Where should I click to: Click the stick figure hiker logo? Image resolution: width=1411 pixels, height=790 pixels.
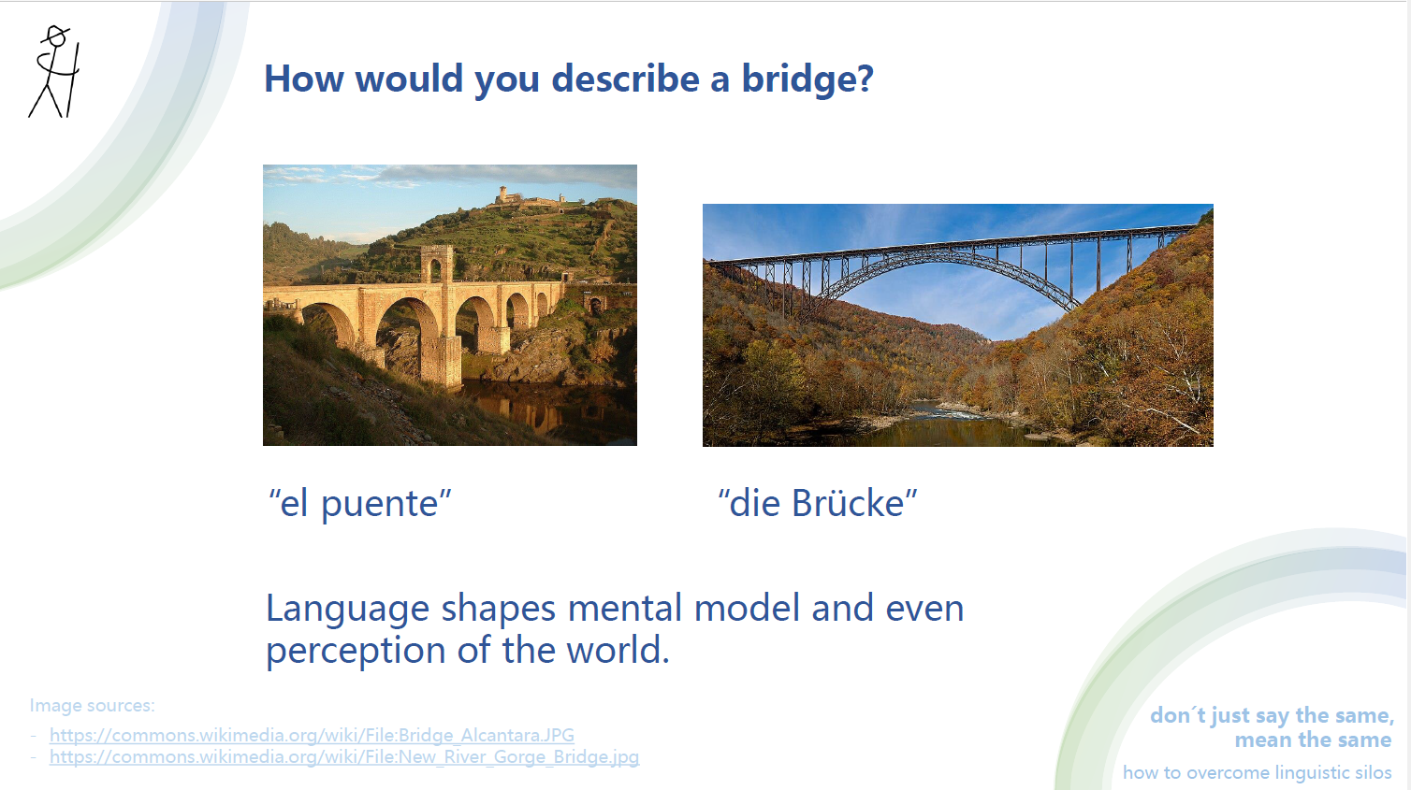(55, 72)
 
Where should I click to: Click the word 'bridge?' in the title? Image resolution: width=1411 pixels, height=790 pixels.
(807, 79)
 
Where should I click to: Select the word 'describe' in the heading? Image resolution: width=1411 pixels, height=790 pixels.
(625, 79)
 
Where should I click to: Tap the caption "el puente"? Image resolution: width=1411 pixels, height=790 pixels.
(360, 503)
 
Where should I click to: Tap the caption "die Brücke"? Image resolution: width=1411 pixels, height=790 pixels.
(817, 503)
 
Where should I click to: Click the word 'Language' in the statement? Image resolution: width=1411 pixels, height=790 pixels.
(347, 609)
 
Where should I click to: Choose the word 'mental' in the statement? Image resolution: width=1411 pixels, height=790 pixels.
(625, 609)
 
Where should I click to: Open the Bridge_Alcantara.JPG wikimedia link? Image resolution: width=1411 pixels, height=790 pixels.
(312, 735)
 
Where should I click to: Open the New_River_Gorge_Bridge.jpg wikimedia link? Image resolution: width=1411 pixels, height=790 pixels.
(343, 756)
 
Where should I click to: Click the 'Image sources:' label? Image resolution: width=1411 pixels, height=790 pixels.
(92, 706)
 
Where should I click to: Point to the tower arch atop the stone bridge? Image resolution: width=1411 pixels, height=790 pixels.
(436, 263)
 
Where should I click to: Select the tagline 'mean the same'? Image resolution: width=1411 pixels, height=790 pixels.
(1312, 740)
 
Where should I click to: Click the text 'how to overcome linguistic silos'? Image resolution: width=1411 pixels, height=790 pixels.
(1257, 772)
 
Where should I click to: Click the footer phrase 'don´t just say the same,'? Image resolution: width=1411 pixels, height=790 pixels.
(1271, 715)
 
